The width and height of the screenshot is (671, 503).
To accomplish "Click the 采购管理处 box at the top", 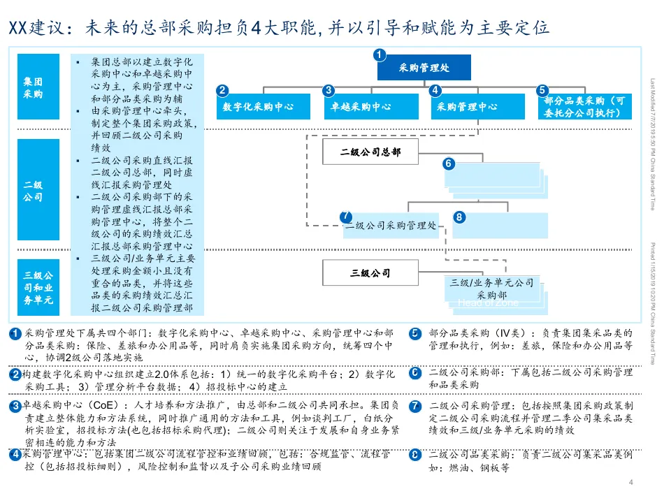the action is coord(424,68).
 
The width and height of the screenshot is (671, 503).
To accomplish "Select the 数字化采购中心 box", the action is coord(257,107).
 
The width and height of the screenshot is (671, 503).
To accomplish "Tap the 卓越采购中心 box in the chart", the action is coord(361,107).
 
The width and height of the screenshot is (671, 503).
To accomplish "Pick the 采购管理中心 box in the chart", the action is coord(467,107).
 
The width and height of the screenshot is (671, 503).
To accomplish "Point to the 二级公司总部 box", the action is coord(370,152).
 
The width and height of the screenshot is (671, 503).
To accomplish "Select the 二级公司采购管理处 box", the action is coord(391,226).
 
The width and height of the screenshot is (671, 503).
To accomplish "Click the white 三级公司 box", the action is coord(370,273).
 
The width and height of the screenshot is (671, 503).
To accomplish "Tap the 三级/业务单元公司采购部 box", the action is coord(492,289).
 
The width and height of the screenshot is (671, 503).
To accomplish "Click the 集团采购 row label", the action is coord(34,88).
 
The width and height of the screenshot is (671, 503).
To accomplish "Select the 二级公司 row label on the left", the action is coord(34,191).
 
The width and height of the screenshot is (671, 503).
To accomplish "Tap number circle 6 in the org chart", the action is coord(449,163).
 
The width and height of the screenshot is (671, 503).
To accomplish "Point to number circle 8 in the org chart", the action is coord(459,217).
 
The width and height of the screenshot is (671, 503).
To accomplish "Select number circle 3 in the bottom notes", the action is coord(15,406).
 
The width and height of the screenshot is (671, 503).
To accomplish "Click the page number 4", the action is coord(630,483).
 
